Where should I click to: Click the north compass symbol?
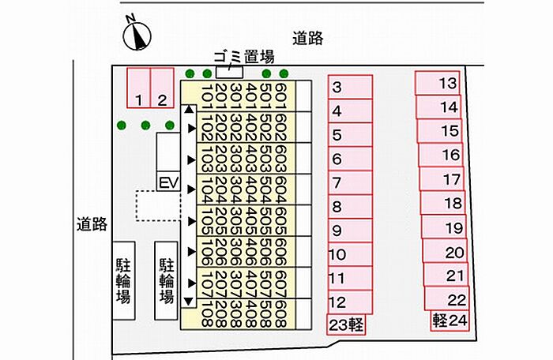tap(138, 34)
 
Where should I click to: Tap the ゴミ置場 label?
tap(245, 56)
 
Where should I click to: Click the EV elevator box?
tap(167, 182)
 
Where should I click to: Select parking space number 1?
tap(138, 88)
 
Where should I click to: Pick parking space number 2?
tap(161, 88)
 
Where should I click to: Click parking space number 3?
tap(349, 88)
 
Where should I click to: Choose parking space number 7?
tap(349, 183)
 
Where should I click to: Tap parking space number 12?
tap(349, 302)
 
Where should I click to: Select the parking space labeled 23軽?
tap(346, 324)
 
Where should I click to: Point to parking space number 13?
tap(438, 83)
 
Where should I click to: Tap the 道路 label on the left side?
tap(92, 224)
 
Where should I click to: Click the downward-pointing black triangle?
tap(188, 301)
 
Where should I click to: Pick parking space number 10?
tap(349, 254)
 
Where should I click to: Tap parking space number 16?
tap(442, 155)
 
